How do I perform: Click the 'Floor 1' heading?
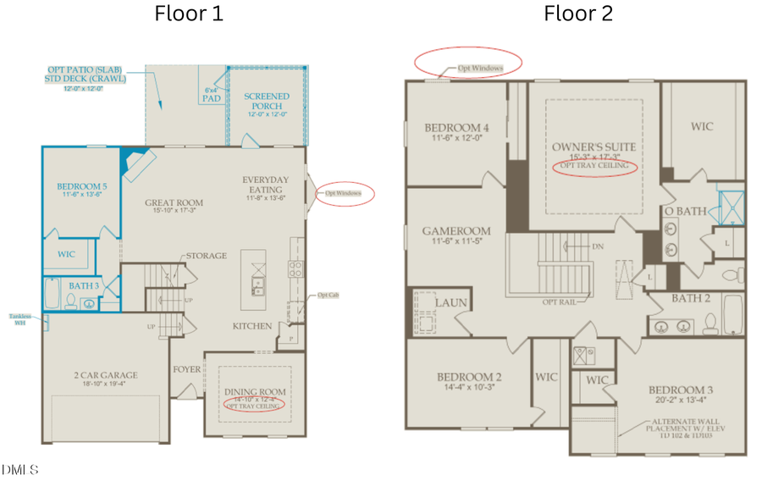point(188,14)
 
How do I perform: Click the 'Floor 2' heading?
point(577,14)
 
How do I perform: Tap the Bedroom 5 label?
point(82,187)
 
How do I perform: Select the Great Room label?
point(174,202)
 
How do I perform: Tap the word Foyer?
point(187,369)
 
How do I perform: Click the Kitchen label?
point(252,326)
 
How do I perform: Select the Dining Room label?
point(253,390)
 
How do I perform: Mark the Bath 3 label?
point(85,287)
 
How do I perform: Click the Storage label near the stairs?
point(207,256)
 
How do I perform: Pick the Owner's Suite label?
point(593,147)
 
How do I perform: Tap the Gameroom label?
point(456,230)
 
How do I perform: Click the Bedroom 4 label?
point(456,129)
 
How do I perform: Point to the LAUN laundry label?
point(451,302)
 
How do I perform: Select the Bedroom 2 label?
point(469,377)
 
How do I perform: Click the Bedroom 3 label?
point(681,390)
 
